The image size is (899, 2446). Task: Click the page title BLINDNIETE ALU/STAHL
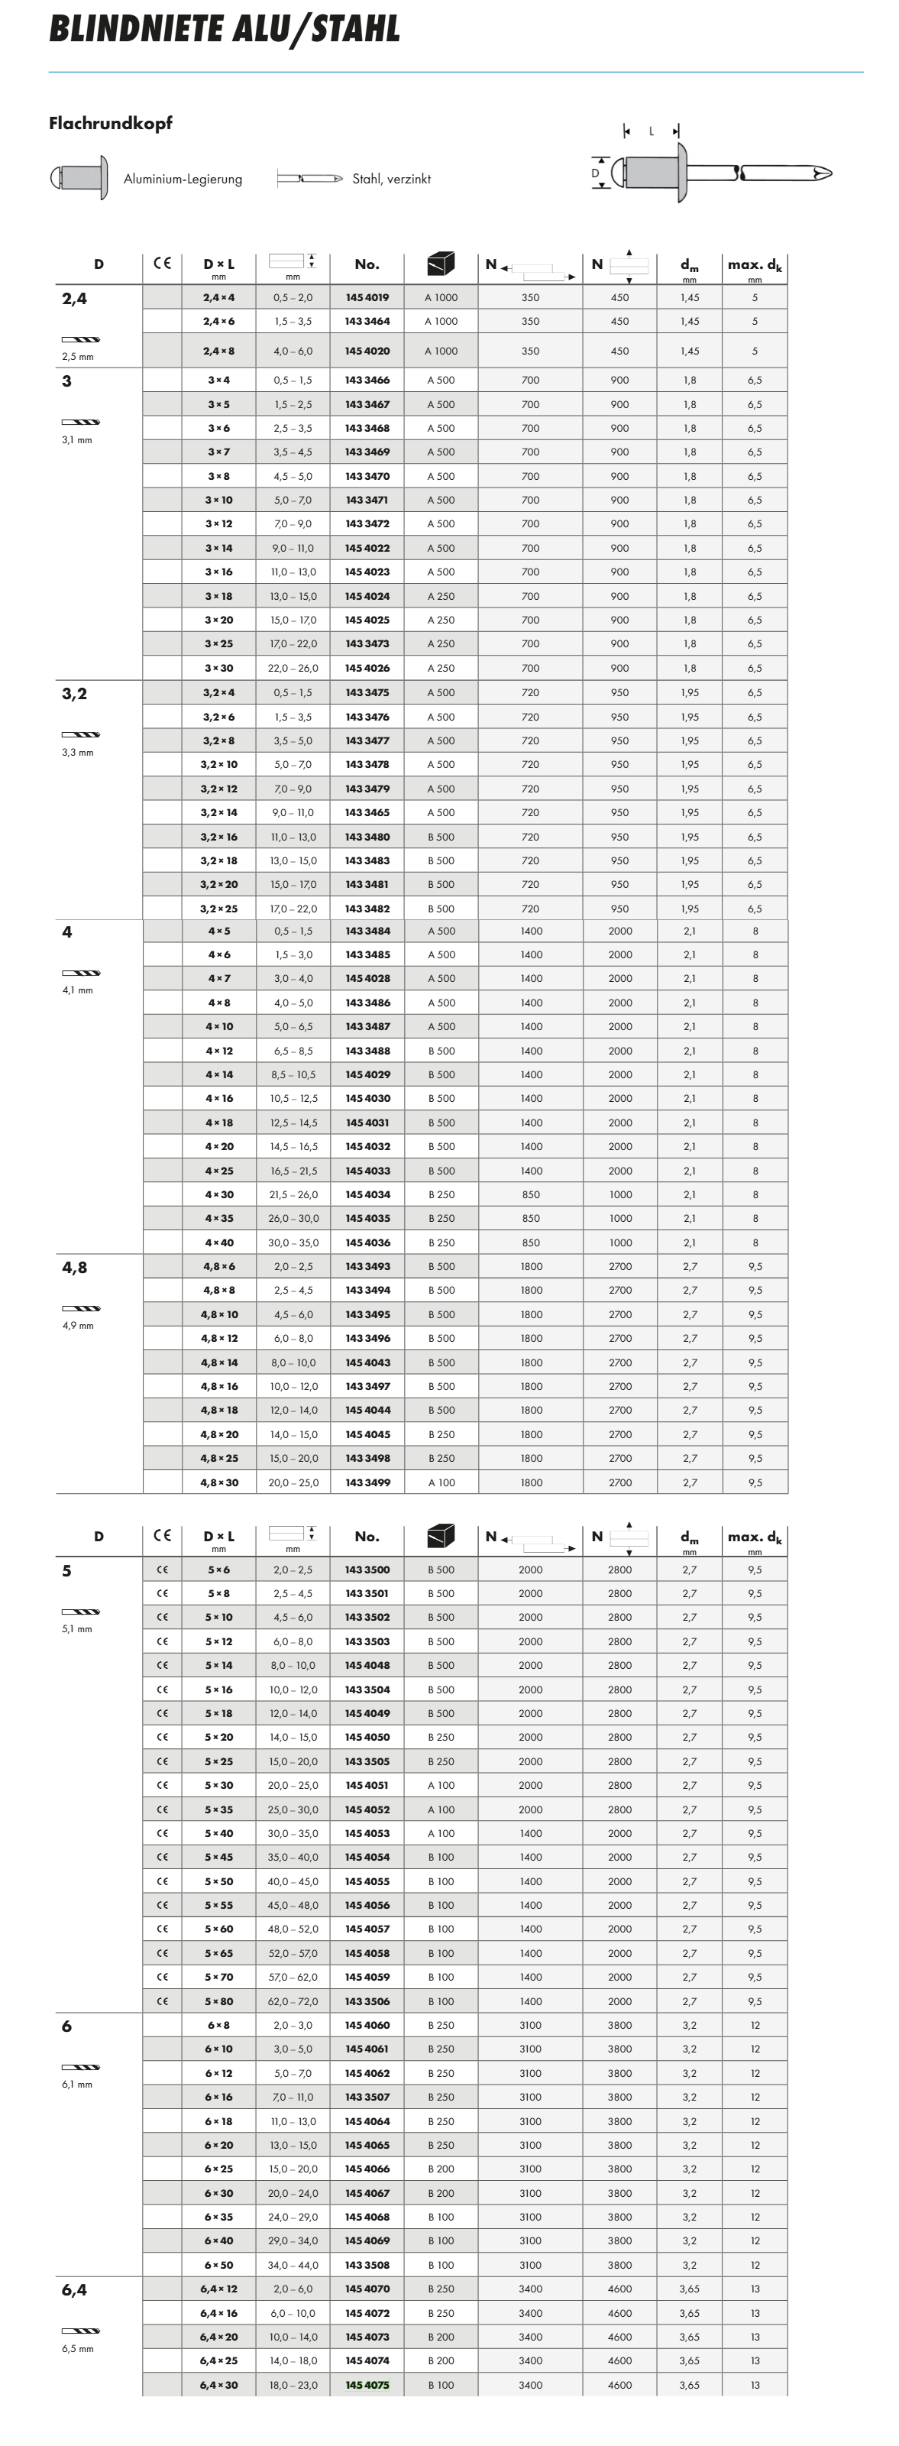pos(224,31)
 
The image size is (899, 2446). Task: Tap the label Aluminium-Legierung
pos(183,180)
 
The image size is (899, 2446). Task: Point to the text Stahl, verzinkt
pos(391,180)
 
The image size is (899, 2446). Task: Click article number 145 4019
pos(367,297)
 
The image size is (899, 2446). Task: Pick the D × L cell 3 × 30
pos(219,669)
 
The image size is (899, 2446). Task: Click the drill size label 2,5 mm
pos(78,357)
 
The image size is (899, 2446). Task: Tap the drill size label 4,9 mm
pos(78,1326)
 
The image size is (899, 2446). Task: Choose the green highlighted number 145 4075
pos(367,2384)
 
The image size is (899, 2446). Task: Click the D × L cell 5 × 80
pos(219,2001)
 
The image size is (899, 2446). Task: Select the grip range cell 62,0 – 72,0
pos(293,2001)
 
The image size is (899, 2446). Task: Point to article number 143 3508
pos(367,2265)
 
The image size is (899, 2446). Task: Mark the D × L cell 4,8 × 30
pos(219,1482)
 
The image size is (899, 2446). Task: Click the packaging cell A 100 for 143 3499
pos(441,1482)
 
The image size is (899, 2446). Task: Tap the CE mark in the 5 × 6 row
pos(163,1570)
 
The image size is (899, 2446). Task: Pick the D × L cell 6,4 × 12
pos(219,2289)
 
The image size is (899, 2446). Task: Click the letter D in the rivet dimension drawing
pos(595,173)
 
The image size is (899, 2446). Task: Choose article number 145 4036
pos(367,1242)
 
